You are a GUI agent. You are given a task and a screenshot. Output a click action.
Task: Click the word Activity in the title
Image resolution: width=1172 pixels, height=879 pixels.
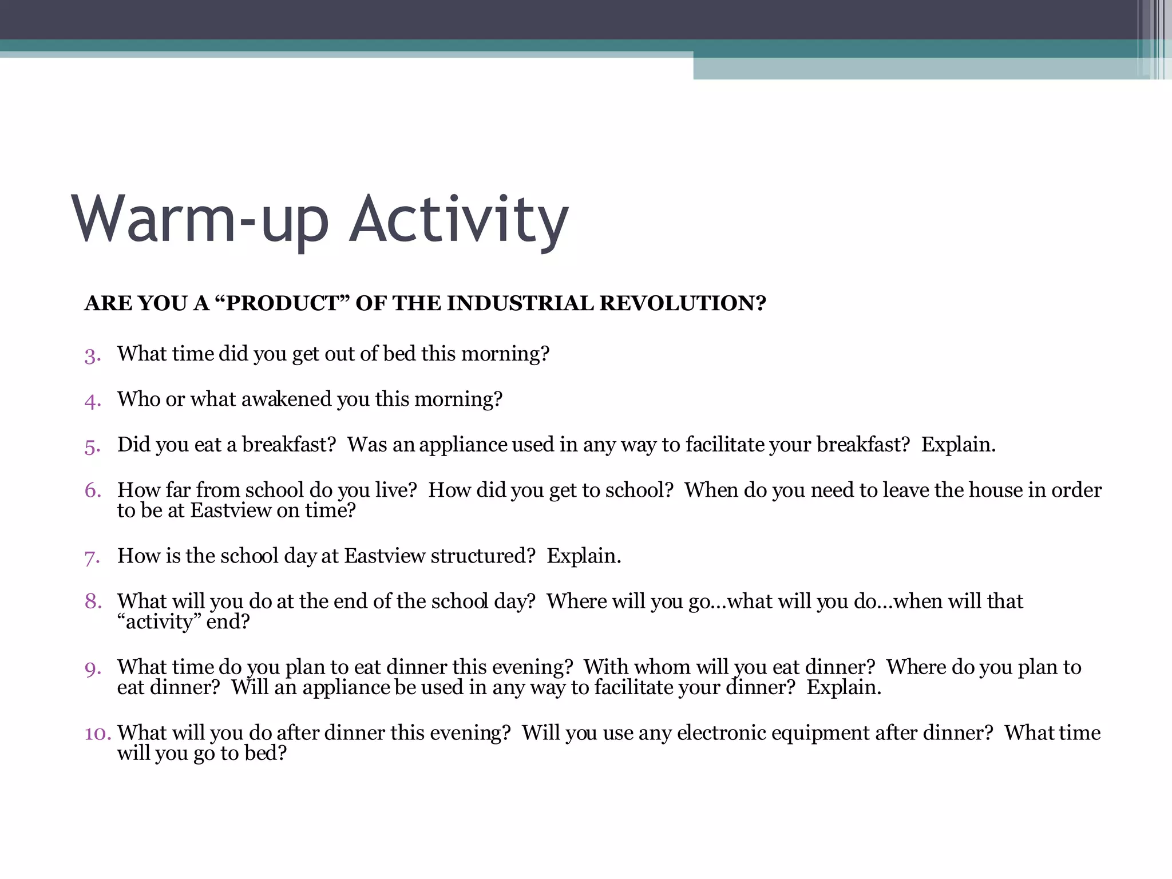(458, 220)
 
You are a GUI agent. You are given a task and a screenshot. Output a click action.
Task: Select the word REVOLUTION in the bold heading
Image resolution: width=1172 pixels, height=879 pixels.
(682, 303)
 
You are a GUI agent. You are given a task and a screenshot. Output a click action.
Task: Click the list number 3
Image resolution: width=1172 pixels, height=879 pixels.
(92, 355)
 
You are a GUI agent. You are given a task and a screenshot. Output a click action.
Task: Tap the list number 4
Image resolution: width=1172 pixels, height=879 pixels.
(92, 401)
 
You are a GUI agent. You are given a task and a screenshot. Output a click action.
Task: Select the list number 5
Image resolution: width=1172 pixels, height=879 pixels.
(92, 446)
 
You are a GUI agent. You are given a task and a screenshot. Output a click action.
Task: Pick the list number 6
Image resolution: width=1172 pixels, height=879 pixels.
(92, 490)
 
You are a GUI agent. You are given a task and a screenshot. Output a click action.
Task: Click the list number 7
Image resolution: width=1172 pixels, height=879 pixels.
(92, 557)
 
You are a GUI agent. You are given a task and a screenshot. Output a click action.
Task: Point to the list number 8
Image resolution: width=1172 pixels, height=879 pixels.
(92, 601)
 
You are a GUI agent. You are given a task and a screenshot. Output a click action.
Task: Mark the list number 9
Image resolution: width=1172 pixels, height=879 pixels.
(92, 668)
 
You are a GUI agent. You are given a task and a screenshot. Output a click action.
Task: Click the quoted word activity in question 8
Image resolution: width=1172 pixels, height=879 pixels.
(159, 622)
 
